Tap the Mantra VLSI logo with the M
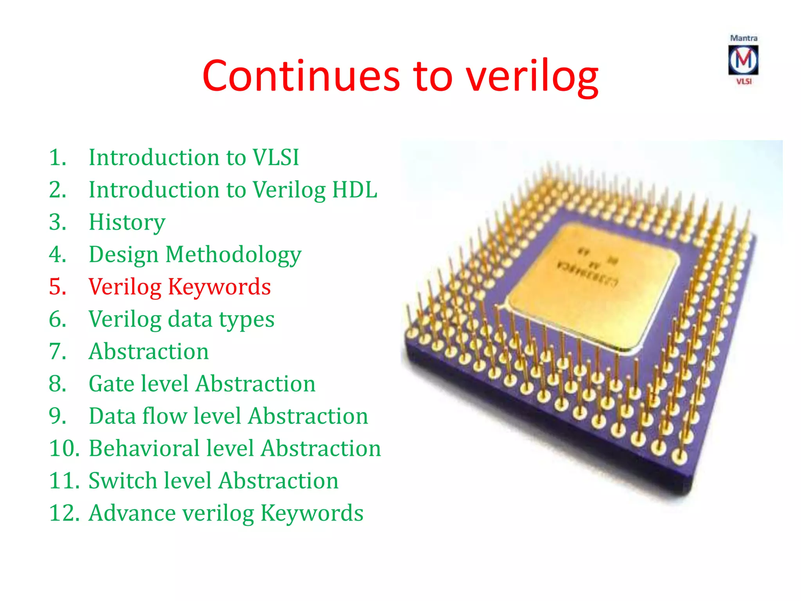pyautogui.click(x=743, y=60)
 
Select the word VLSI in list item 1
pyautogui.click(x=276, y=157)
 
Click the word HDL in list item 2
pyautogui.click(x=354, y=190)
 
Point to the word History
pyautogui.click(x=127, y=222)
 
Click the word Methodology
pyautogui.click(x=233, y=255)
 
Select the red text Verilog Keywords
pyautogui.click(x=180, y=287)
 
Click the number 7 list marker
pyautogui.click(x=57, y=351)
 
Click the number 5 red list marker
pyautogui.click(x=57, y=287)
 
